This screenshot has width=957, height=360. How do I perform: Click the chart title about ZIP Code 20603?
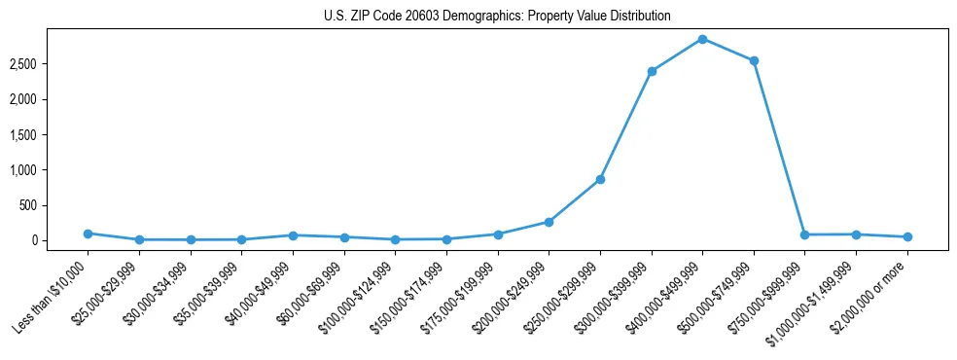(497, 17)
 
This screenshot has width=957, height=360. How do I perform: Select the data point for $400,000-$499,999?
(702, 39)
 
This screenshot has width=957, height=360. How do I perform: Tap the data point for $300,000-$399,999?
(652, 71)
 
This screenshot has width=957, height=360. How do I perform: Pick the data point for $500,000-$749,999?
(754, 60)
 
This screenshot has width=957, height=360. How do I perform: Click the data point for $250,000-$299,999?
(600, 179)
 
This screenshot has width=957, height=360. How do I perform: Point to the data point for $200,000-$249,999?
(549, 222)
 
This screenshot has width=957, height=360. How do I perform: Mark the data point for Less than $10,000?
(88, 234)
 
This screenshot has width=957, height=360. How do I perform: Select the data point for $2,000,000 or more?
(907, 236)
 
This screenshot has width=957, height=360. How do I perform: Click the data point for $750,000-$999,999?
(804, 234)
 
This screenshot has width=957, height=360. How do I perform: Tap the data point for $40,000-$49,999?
(293, 235)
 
